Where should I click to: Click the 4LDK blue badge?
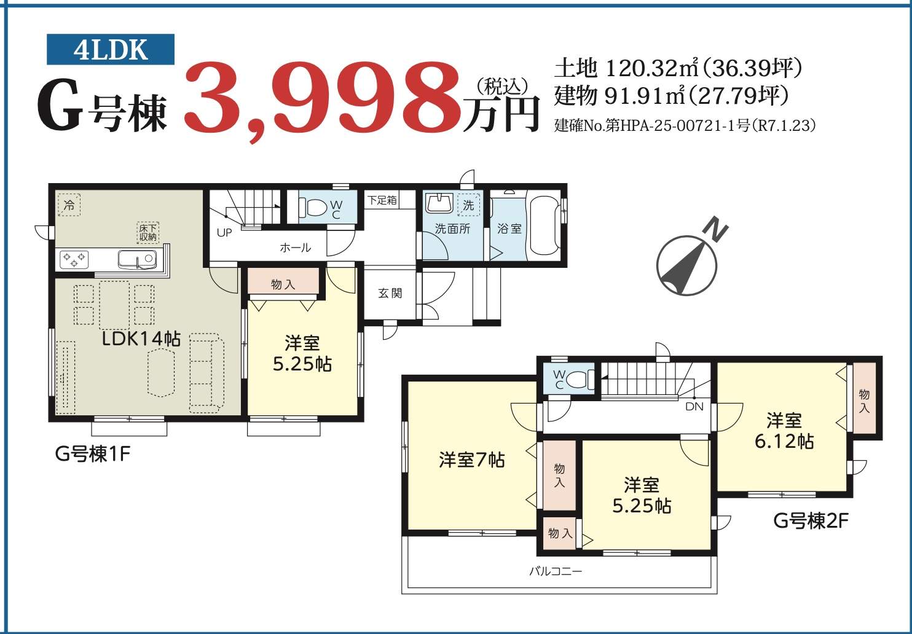tap(111, 49)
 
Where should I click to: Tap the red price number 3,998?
tap(321, 101)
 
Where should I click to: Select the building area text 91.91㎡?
tap(645, 96)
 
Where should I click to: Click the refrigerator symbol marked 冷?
tap(69, 205)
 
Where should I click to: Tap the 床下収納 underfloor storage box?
tap(147, 232)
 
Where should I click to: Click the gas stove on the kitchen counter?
tap(74, 259)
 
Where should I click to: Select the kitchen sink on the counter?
tap(137, 259)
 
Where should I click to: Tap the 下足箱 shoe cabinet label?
tap(382, 200)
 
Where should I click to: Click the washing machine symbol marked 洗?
tap(468, 205)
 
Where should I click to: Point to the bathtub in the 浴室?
tap(544, 225)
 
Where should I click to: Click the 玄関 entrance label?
tap(390, 293)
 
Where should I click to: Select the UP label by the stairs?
tap(224, 233)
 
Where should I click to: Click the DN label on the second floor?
tap(694, 406)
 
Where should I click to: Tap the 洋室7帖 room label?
tap(472, 460)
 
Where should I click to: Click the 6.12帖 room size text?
tap(784, 441)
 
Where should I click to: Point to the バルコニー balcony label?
tap(556, 571)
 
